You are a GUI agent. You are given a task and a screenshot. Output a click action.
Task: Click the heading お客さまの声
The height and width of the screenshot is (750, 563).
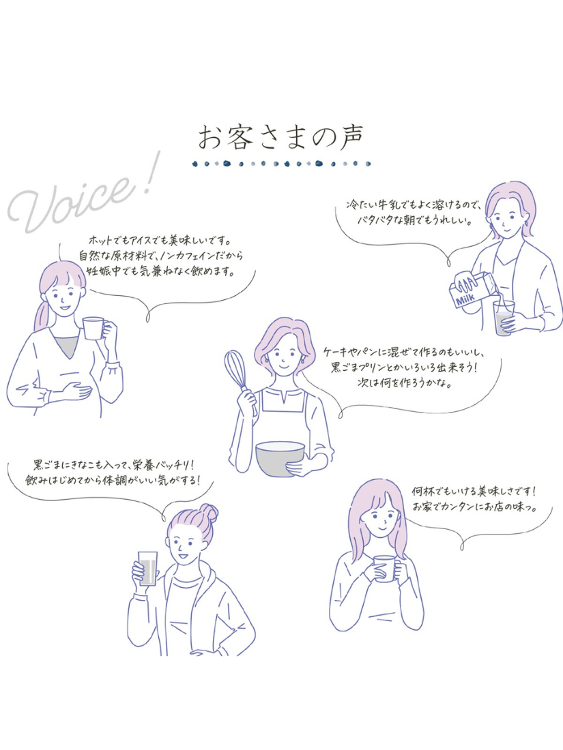(x=281, y=138)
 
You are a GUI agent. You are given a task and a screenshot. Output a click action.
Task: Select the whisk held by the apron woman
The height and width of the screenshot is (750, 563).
(x=240, y=378)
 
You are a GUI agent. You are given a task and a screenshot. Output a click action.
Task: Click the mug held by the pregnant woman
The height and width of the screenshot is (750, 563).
(x=95, y=328)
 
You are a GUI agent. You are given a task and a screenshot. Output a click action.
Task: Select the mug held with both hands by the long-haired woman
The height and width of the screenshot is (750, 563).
(x=384, y=568)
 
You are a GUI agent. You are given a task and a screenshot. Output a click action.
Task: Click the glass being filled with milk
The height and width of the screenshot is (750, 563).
(x=504, y=318)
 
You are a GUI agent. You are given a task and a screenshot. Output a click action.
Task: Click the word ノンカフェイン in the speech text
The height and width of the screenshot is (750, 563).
(x=190, y=256)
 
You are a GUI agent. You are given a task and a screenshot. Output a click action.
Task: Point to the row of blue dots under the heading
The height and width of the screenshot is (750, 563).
(x=281, y=164)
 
